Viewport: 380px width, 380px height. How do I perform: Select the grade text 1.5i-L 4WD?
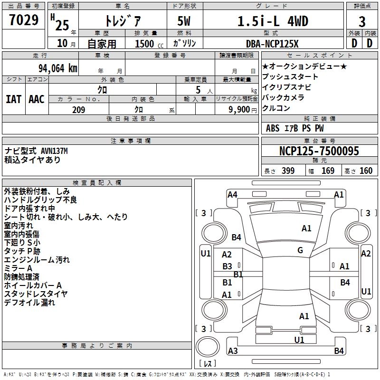tap(272, 21)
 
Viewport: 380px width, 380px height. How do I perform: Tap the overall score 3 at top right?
tap(362, 21)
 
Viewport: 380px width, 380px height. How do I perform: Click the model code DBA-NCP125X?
tap(272, 44)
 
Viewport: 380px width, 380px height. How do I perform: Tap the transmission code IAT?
tap(14, 99)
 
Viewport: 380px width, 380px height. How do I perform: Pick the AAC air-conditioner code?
tap(37, 99)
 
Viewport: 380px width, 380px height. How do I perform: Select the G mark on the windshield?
tap(300, 250)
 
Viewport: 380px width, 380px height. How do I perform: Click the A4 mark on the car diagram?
tap(232, 194)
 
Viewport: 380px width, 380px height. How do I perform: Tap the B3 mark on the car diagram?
tap(228, 266)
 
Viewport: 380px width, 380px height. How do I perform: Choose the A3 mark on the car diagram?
tap(233, 351)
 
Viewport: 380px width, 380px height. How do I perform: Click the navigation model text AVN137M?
tap(54, 151)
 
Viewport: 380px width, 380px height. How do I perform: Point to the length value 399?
tap(288, 171)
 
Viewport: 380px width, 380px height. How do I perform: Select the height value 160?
tap(366, 171)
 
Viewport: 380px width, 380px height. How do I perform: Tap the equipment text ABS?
tap(273, 128)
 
